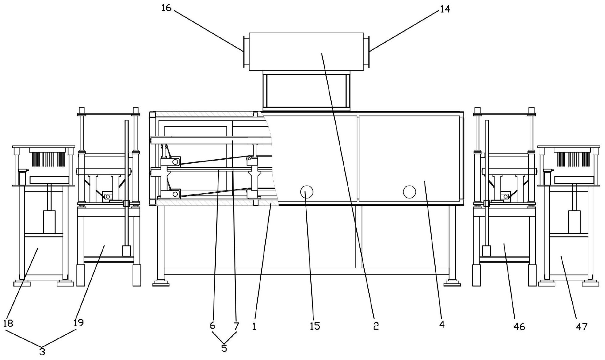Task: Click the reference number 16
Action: click(166, 8)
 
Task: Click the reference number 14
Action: click(445, 9)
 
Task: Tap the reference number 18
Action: click(8, 323)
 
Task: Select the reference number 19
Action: click(79, 323)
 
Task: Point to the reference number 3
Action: click(42, 351)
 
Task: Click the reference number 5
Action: click(224, 348)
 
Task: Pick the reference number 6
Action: click(212, 325)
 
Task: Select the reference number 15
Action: click(315, 326)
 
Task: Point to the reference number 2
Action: click(375, 326)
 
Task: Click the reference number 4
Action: click(442, 324)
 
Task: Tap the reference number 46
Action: click(520, 326)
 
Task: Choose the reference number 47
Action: click(582, 326)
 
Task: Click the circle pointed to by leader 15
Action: click(306, 192)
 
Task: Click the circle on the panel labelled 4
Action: click(409, 192)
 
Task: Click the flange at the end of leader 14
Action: click(367, 52)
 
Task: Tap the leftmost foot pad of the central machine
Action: click(161, 283)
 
